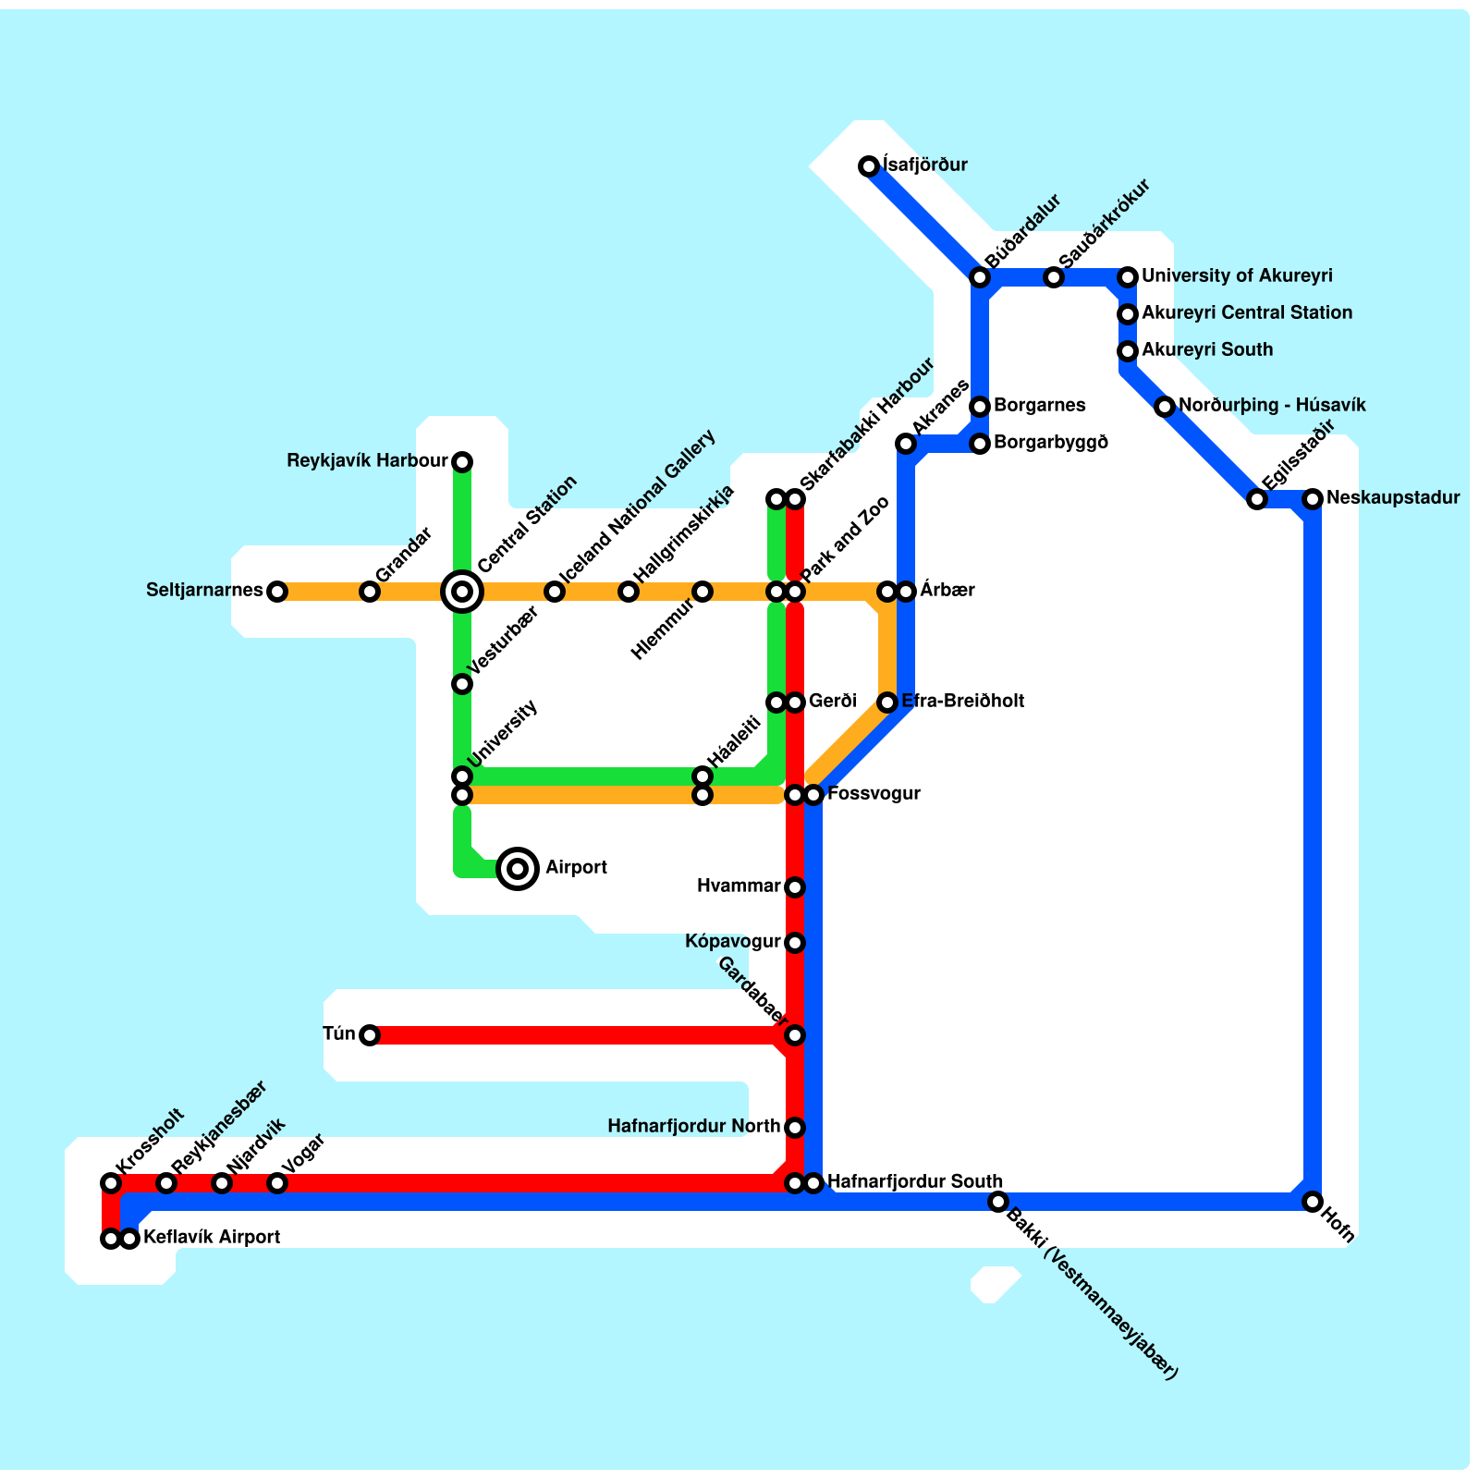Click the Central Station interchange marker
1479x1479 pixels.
462,591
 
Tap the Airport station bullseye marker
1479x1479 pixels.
518,868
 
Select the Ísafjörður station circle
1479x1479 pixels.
868,166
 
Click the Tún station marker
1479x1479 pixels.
369,1035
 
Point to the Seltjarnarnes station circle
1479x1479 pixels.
276,592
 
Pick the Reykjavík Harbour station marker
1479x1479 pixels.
462,461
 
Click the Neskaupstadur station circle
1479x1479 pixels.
1312,499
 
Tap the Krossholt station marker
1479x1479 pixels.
111,1183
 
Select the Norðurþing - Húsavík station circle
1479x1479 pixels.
1165,407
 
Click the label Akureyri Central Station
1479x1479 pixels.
1246,313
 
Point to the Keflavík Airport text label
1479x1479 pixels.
212,1238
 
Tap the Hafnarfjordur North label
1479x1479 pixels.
693,1127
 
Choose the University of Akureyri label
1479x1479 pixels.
1237,276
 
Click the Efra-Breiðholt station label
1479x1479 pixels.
962,702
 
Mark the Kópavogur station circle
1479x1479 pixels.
795,943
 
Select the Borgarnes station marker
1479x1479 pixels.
980,407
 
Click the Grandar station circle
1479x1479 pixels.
369,592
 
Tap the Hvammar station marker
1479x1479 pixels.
795,887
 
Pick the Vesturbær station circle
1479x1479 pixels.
462,684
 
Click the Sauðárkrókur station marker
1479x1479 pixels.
1054,277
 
